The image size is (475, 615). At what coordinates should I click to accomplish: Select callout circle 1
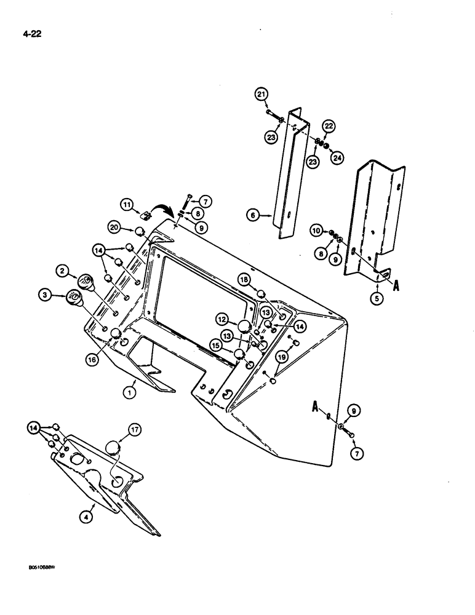(130, 390)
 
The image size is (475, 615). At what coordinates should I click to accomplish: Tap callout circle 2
(62, 269)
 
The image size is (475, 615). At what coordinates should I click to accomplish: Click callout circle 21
(262, 93)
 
